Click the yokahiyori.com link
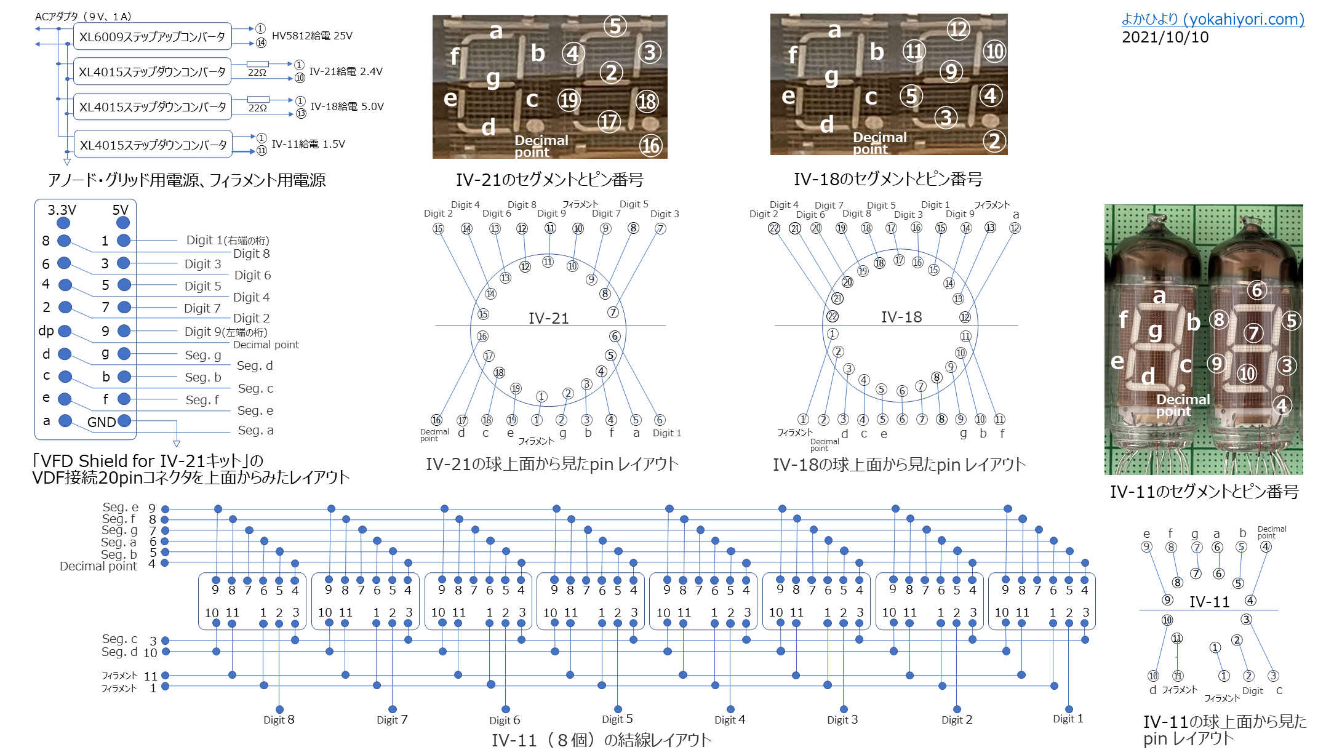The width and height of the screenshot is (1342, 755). click(1212, 19)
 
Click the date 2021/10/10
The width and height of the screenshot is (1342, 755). click(1165, 38)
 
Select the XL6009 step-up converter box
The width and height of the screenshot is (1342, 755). click(152, 36)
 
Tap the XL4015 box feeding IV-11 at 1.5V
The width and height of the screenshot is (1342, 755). click(153, 145)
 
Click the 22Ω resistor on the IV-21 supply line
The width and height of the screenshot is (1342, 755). click(258, 64)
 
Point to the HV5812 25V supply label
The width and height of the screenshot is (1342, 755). click(312, 36)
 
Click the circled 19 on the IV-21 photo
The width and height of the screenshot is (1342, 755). click(569, 100)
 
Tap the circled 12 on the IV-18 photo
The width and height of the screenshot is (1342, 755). click(958, 29)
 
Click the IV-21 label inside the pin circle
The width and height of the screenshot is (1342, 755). click(548, 318)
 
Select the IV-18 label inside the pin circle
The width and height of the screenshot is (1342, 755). click(901, 317)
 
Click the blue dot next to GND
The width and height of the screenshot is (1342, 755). click(124, 421)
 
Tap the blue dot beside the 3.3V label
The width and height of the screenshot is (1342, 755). click(63, 223)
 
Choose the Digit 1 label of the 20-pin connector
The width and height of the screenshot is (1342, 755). click(227, 240)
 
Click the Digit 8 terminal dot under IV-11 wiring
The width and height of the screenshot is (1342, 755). click(279, 709)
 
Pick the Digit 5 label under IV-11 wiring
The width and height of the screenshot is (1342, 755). click(617, 719)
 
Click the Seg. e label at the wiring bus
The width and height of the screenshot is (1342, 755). click(120, 508)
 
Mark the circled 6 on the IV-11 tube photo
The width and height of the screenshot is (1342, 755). click(1256, 290)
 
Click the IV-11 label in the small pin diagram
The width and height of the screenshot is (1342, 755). click(1209, 602)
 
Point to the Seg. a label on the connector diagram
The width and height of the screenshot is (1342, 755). click(255, 430)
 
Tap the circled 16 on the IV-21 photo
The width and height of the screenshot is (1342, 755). click(650, 145)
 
